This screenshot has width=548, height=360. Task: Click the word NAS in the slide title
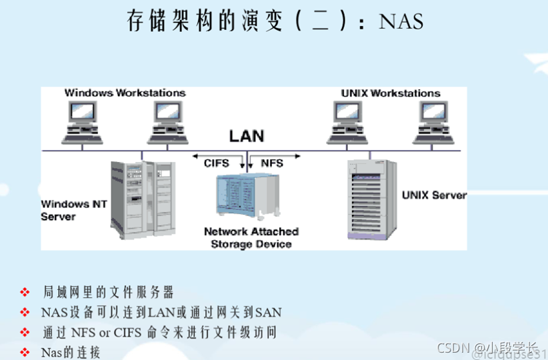click(401, 21)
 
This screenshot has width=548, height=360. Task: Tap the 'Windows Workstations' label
click(125, 93)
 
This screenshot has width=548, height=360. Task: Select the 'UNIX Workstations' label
click(391, 93)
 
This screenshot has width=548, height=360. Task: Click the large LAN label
click(247, 136)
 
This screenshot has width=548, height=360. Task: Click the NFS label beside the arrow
click(271, 163)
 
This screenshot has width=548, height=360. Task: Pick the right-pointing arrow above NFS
click(287, 155)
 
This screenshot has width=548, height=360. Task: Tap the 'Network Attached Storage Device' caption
click(251, 238)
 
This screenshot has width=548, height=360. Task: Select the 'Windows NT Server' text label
click(65, 210)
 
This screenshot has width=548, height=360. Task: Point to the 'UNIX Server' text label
click(434, 195)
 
